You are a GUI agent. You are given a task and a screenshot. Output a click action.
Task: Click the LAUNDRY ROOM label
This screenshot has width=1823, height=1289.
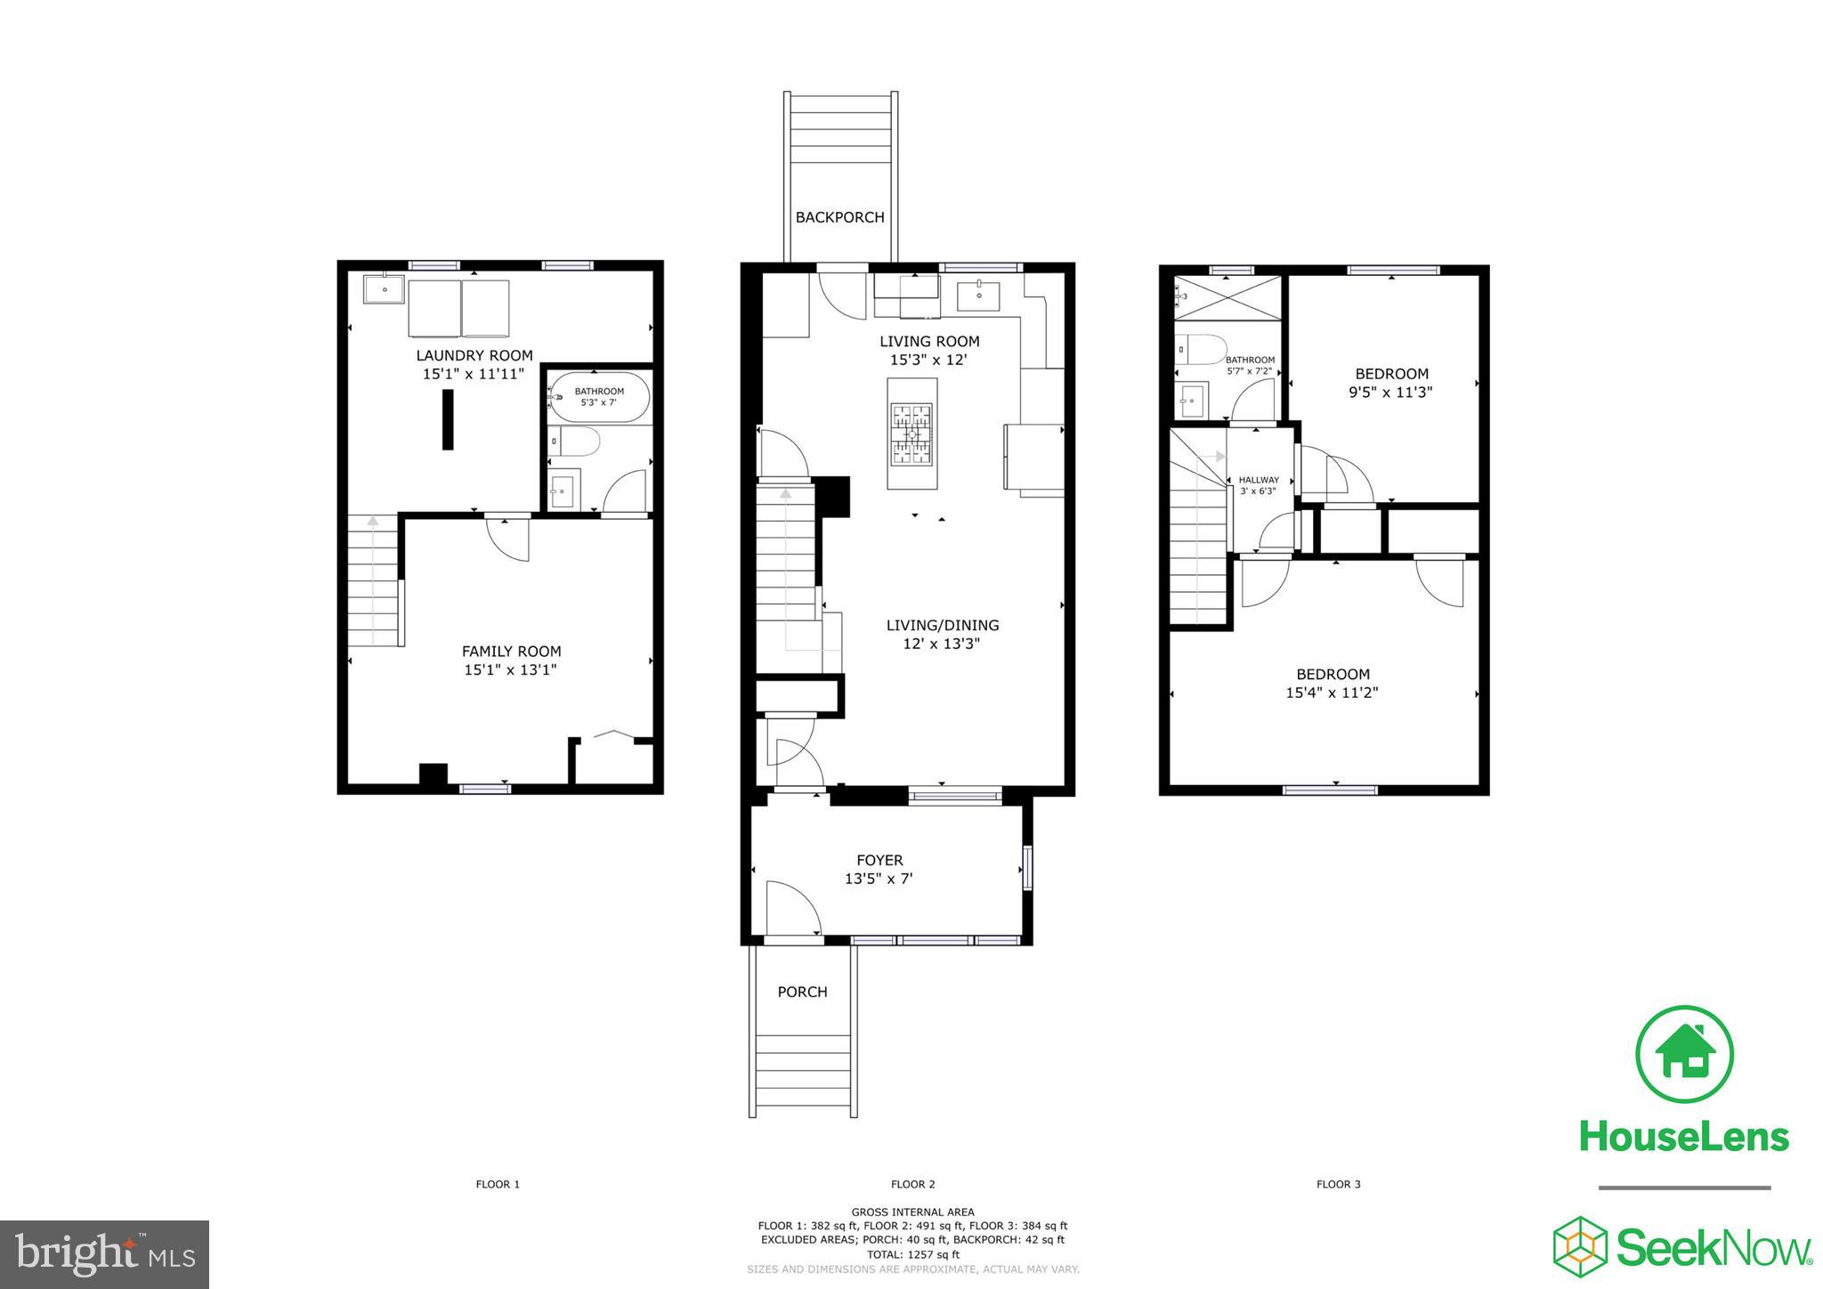pyautogui.click(x=474, y=355)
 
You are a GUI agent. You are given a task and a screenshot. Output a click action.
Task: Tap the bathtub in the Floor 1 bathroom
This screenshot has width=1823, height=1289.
pyautogui.click(x=599, y=397)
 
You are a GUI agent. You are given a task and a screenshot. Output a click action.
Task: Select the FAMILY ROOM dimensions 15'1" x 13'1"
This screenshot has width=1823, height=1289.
pyautogui.click(x=510, y=670)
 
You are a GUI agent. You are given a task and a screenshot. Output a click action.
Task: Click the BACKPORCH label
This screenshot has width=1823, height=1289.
pyautogui.click(x=839, y=217)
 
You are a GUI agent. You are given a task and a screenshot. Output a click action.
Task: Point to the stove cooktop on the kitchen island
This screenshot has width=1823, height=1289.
pyautogui.click(x=911, y=434)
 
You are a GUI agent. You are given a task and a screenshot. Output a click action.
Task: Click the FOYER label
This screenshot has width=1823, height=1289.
pyautogui.click(x=879, y=860)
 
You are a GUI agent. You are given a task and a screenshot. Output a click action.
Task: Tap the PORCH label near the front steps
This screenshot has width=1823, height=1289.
pyautogui.click(x=802, y=992)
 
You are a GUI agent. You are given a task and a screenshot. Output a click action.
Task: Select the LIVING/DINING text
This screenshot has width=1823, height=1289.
pyautogui.click(x=942, y=625)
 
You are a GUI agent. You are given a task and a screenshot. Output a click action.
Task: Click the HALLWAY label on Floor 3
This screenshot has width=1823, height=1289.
pyautogui.click(x=1259, y=480)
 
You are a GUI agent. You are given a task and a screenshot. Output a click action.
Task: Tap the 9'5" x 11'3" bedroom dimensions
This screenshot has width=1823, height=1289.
pyautogui.click(x=1391, y=392)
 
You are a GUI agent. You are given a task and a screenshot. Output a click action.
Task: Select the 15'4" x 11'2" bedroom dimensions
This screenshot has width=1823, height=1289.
pyautogui.click(x=1332, y=693)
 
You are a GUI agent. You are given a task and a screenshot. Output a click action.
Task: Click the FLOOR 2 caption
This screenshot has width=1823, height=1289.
pyautogui.click(x=912, y=1184)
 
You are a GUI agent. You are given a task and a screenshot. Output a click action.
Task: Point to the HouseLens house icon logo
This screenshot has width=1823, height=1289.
pyautogui.click(x=1684, y=1054)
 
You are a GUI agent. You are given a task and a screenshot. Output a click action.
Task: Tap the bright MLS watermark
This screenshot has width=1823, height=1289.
pyautogui.click(x=104, y=1255)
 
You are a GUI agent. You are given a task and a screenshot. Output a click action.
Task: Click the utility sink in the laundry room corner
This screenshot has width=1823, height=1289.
pyautogui.click(x=384, y=289)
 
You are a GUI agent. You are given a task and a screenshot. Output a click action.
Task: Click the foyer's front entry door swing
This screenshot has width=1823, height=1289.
pyautogui.click(x=791, y=908)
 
